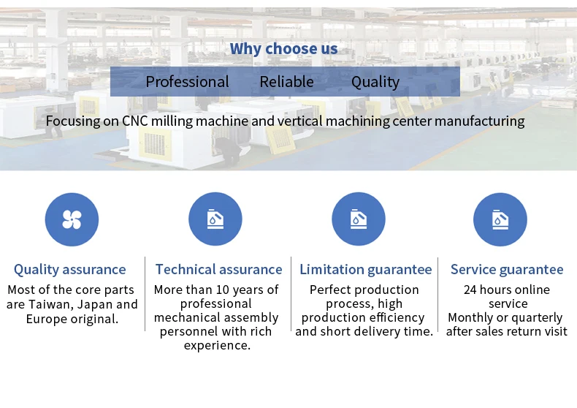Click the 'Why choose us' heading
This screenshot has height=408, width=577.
tap(283, 49)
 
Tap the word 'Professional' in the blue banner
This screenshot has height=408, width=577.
tap(187, 82)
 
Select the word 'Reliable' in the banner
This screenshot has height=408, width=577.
tap(286, 82)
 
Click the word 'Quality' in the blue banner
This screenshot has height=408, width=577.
tap(375, 82)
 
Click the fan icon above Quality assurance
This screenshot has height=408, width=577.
tap(72, 219)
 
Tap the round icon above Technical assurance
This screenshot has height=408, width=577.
tap(215, 219)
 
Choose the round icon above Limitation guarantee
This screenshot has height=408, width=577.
tap(359, 219)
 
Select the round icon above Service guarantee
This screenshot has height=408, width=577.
tap(500, 219)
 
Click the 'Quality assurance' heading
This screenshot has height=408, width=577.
tap(69, 270)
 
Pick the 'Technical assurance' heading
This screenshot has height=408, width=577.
tap(218, 270)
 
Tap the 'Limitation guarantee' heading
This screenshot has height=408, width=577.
tap(365, 270)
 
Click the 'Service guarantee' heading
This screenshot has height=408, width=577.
tap(507, 270)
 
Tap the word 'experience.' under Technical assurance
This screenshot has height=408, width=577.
tap(217, 345)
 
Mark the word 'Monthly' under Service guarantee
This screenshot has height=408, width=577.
tap(474, 317)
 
